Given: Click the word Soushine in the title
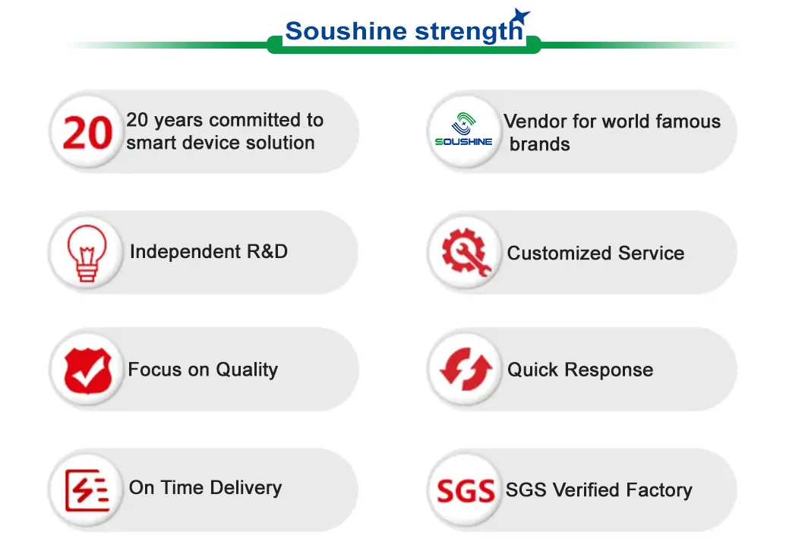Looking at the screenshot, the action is pyautogui.click(x=346, y=31).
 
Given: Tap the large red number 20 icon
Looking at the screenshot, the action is pyautogui.click(x=87, y=133).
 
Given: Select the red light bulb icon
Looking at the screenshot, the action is pyautogui.click(x=87, y=253).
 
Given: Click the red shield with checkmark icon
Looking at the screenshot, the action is pyautogui.click(x=88, y=370).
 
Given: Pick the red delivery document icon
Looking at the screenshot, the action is pyautogui.click(x=87, y=490).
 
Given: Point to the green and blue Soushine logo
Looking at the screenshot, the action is pyautogui.click(x=463, y=129).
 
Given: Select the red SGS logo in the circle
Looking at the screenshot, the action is pyautogui.click(x=466, y=491).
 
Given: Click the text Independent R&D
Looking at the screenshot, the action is pyautogui.click(x=208, y=251).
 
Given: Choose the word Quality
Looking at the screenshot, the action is pyautogui.click(x=247, y=370).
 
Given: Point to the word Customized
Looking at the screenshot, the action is pyautogui.click(x=560, y=253).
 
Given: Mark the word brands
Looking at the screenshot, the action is pyautogui.click(x=539, y=144).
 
